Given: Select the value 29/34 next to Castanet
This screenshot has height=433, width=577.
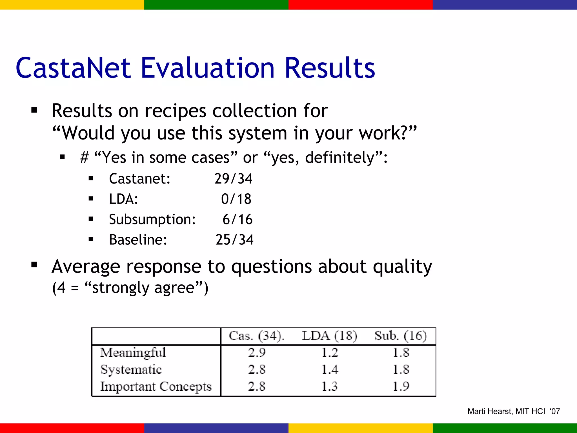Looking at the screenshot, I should pyautogui.click(x=233, y=179).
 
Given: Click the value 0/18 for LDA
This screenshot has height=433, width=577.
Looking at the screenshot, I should pyautogui.click(x=236, y=199).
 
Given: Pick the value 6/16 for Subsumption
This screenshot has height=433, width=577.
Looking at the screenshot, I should pyautogui.click(x=238, y=219).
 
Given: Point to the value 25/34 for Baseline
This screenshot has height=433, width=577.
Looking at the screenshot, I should pyautogui.click(x=234, y=240).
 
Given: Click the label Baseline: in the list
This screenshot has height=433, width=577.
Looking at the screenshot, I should pyautogui.click(x=138, y=240).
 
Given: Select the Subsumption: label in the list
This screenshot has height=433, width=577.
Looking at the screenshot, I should pyautogui.click(x=152, y=219).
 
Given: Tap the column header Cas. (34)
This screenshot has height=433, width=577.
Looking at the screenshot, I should pyautogui.click(x=257, y=336).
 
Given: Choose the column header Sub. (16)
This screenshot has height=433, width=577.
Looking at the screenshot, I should pyautogui.click(x=401, y=336).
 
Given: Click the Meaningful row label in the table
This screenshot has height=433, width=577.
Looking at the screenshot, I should pyautogui.click(x=133, y=353).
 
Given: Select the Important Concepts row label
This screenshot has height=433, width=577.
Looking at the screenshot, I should pyautogui.click(x=156, y=386).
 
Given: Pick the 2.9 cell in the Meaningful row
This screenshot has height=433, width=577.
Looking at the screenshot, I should pyautogui.click(x=257, y=353).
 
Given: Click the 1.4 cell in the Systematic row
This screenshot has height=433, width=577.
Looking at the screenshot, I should pyautogui.click(x=330, y=370).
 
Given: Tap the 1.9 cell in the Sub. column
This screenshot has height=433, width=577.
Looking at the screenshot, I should pyautogui.click(x=401, y=386).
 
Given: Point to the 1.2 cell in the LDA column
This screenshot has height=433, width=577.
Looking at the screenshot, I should pyautogui.click(x=330, y=353).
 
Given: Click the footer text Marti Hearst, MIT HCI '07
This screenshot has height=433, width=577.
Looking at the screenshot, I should pyautogui.click(x=514, y=412).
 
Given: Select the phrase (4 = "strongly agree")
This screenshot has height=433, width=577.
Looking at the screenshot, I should pyautogui.click(x=130, y=288).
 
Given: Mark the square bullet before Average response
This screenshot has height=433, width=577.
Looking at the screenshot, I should pyautogui.click(x=34, y=265).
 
